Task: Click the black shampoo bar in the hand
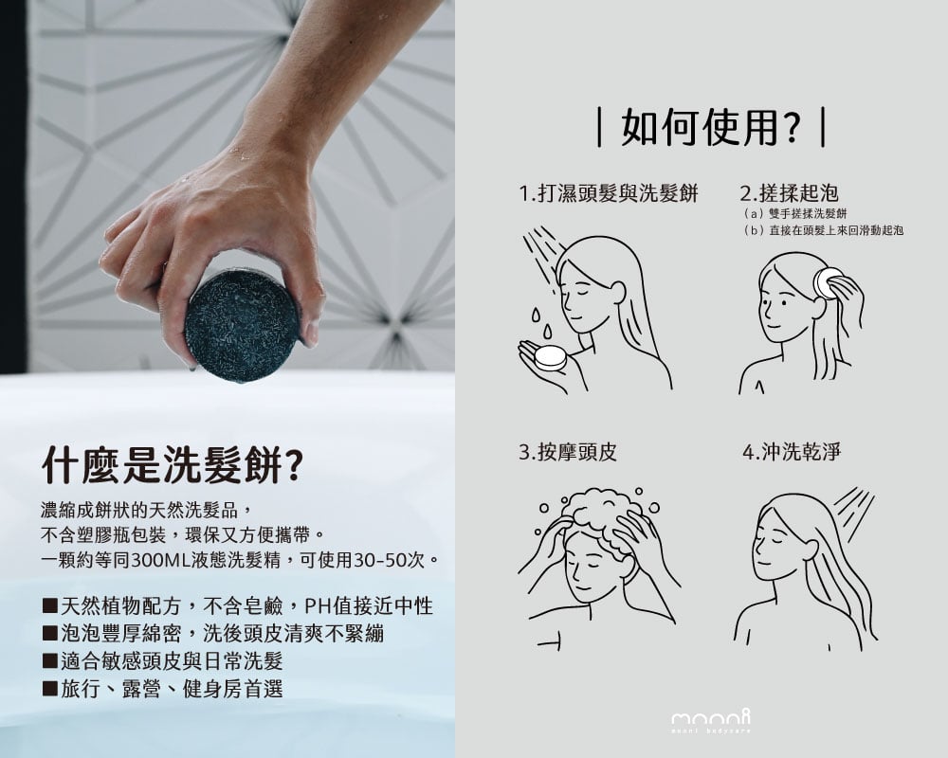[242, 326]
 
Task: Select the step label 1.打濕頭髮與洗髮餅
[609, 193]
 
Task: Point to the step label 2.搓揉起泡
[789, 193]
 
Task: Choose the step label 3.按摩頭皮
[568, 452]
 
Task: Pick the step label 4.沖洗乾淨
[792, 452]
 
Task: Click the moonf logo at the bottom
[711, 720]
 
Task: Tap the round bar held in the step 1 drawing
[550, 357]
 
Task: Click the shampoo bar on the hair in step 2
[827, 280]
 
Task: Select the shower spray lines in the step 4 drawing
[852, 507]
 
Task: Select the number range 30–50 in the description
[379, 560]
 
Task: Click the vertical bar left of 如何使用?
[599, 127]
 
